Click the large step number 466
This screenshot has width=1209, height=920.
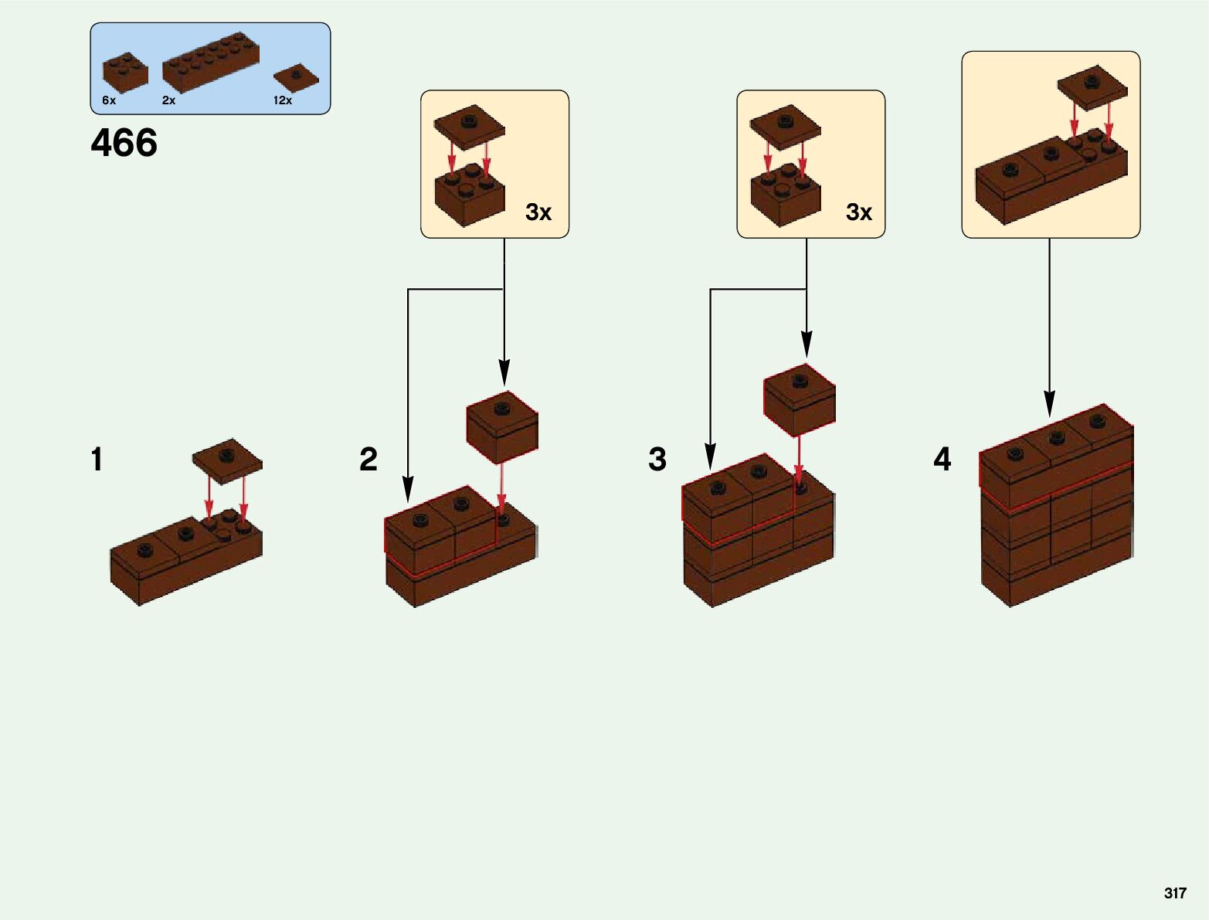tap(124, 143)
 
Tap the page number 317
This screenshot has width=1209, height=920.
tap(1174, 893)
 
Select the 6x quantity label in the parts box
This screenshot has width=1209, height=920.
tap(109, 100)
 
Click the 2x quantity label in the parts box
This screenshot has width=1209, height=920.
tap(168, 100)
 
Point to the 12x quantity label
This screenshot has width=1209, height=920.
tap(283, 100)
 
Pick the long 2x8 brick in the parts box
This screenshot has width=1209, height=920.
tap(210, 63)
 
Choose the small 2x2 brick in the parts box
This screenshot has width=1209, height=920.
tap(125, 72)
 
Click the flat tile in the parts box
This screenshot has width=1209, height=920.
tap(296, 77)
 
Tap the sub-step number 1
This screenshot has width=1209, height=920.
tap(97, 460)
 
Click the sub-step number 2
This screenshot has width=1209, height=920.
tap(368, 460)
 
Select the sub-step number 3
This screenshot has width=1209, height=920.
tap(657, 460)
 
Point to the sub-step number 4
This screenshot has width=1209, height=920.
tap(942, 460)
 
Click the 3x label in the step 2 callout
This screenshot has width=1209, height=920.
tap(538, 212)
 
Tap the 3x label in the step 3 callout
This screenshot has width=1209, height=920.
tap(859, 212)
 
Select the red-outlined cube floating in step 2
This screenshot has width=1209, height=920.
tap(502, 426)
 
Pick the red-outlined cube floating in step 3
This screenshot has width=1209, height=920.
tap(800, 399)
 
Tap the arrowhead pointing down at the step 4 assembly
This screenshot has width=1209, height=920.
tap(1049, 405)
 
